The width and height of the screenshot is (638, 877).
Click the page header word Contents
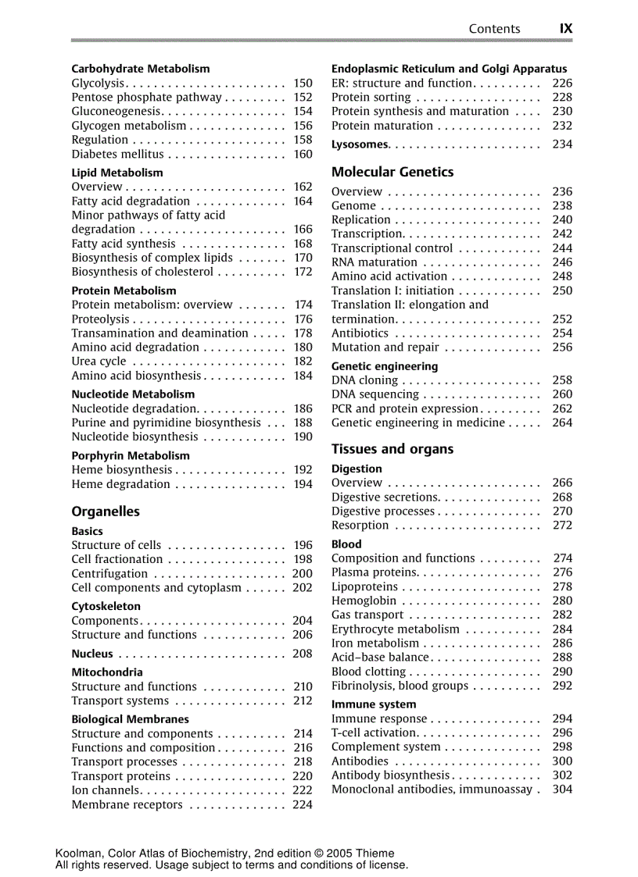click(494, 29)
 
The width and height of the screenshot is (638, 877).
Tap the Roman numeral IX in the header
click(565, 29)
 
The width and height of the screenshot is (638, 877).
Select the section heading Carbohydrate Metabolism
click(141, 69)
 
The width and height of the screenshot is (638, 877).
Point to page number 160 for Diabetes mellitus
click(303, 155)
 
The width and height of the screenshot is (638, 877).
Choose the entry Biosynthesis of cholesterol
click(142, 272)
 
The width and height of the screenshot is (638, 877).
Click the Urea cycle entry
click(99, 362)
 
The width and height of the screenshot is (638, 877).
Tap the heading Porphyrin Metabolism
click(131, 455)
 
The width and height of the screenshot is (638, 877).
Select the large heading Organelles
click(106, 512)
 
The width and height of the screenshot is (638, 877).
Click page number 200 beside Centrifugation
click(303, 574)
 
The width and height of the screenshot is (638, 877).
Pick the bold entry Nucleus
click(92, 654)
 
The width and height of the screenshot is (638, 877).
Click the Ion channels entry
click(106, 790)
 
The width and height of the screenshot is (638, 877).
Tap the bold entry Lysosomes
click(360, 144)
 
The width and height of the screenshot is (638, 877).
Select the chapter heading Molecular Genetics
click(392, 172)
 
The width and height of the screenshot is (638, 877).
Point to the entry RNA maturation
click(375, 262)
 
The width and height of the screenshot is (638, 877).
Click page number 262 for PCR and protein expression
click(562, 408)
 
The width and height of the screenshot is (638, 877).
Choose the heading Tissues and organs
click(392, 449)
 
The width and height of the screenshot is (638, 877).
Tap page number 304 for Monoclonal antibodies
click(562, 790)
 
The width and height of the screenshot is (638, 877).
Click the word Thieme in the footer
click(375, 854)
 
